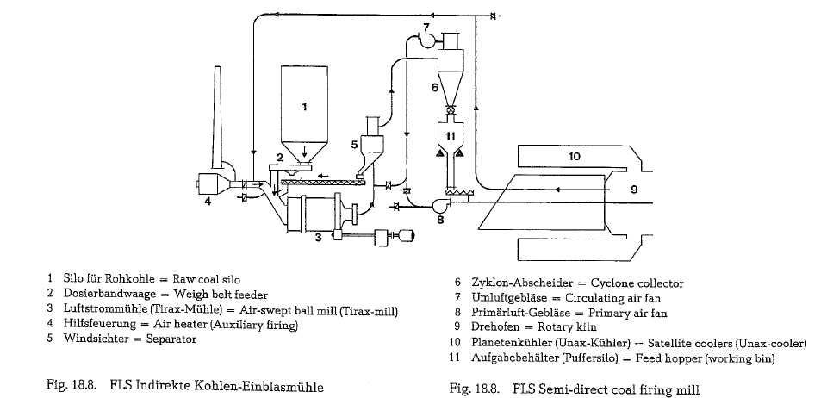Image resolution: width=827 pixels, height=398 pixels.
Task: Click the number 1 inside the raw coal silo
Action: [302, 107]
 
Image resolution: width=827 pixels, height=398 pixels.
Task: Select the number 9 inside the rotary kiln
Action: [633, 190]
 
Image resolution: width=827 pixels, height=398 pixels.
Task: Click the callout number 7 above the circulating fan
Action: [425, 27]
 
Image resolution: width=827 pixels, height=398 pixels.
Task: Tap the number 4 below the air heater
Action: [207, 203]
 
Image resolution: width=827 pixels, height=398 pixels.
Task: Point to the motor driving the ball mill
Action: [401, 236]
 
